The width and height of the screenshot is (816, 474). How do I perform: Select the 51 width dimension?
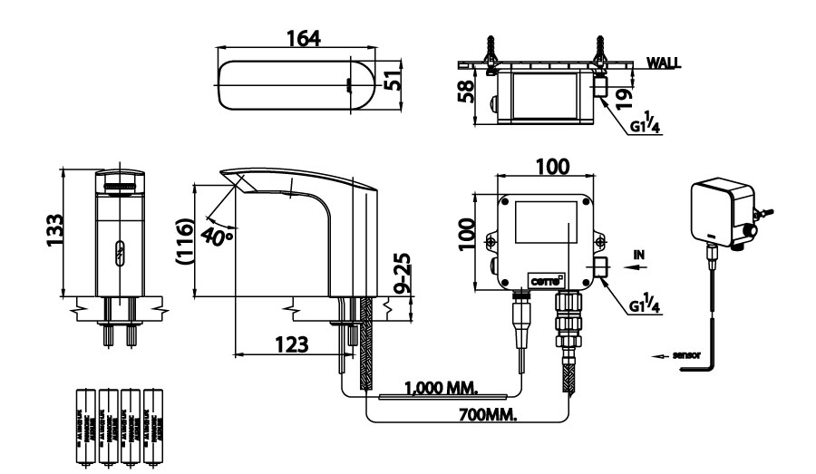pyautogui.click(x=393, y=81)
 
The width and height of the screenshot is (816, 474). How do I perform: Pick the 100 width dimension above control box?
pyautogui.click(x=552, y=166)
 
